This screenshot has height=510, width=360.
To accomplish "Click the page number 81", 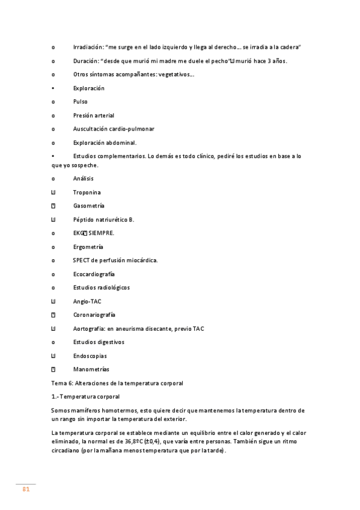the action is pos(26,489).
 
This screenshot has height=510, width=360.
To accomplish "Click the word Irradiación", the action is pos(88,47).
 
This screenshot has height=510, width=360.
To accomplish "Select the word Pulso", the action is pos(81,102).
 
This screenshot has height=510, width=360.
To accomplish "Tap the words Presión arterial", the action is pos(94,115).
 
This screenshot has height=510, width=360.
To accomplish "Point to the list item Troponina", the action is pos(87,192).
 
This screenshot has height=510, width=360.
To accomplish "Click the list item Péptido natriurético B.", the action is pos(103,220).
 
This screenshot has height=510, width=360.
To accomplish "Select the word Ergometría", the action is pos(88,247).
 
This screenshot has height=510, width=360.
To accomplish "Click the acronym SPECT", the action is pos(81,260).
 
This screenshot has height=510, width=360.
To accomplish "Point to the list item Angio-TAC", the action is pos(87,301).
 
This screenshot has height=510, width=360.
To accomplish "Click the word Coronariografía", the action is pos(94,315).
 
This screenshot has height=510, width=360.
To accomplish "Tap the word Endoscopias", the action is pos(90,355).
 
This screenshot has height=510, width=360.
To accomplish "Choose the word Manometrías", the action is pos(91,369).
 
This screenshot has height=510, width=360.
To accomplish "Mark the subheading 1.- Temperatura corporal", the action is pos(85,396).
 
